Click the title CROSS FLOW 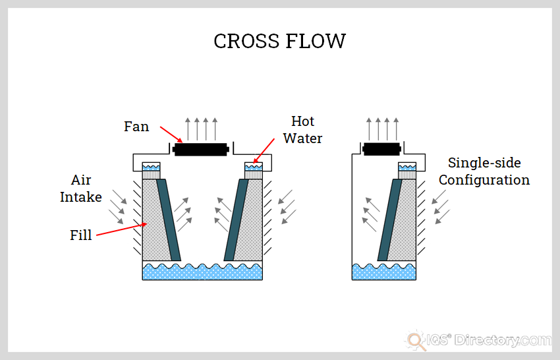279,41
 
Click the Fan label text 136,127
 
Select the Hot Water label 303,129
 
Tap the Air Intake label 81,188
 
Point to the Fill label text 81,235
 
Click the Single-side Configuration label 484,171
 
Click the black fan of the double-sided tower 202,149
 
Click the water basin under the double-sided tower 202,271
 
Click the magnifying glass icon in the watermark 416,340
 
